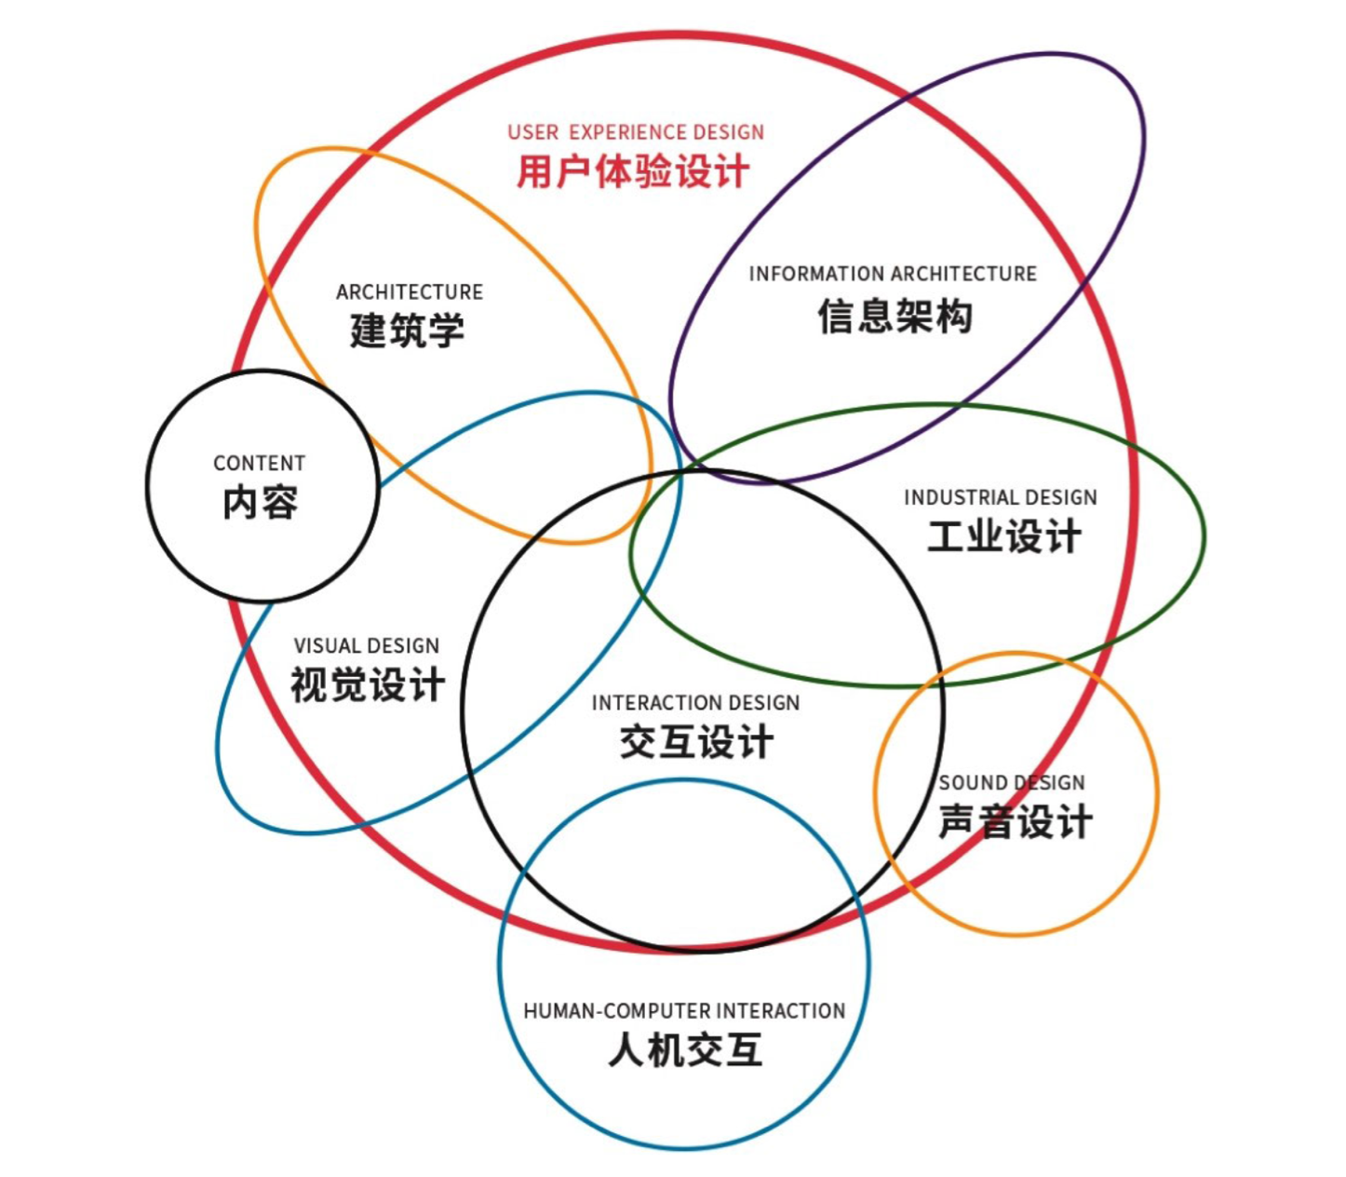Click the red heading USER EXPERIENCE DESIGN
[x=636, y=132]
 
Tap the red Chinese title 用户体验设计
[x=633, y=172]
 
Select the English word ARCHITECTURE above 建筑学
[x=410, y=292]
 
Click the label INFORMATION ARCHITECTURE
[x=893, y=274]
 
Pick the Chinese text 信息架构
[x=895, y=317]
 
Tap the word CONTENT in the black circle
[x=260, y=464]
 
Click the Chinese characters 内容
[x=261, y=504]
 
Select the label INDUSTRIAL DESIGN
[x=1001, y=497]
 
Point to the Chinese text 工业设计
[x=1004, y=537]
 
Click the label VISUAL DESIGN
[x=367, y=646]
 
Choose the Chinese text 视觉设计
[x=368, y=686]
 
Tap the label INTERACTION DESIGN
[x=696, y=703]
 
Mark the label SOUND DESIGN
[x=1012, y=783]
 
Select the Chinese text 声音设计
[x=1015, y=822]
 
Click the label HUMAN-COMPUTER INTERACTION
[x=684, y=1011]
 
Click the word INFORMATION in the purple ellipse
[x=804, y=274]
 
